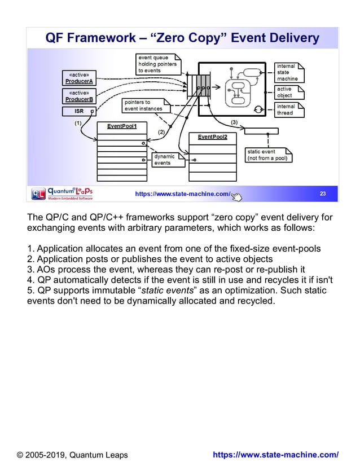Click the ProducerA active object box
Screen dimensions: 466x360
coord(79,78)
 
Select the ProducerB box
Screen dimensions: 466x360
coord(79,96)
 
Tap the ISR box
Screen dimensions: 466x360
coord(79,112)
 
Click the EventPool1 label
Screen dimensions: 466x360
coord(122,126)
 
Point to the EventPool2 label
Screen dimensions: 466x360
coord(212,137)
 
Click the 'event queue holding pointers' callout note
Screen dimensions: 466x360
coord(158,64)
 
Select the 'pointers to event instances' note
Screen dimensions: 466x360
coord(144,105)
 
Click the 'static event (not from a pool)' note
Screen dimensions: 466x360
coord(268,155)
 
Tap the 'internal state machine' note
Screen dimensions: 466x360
coord(289,72)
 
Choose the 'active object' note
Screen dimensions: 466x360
coord(289,93)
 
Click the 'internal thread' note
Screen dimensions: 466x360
coord(289,109)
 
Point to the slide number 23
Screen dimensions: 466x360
coord(323,194)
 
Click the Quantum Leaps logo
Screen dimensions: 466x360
coord(62,194)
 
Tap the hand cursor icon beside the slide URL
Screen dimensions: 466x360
coord(236,196)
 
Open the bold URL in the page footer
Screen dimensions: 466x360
coord(275,455)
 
